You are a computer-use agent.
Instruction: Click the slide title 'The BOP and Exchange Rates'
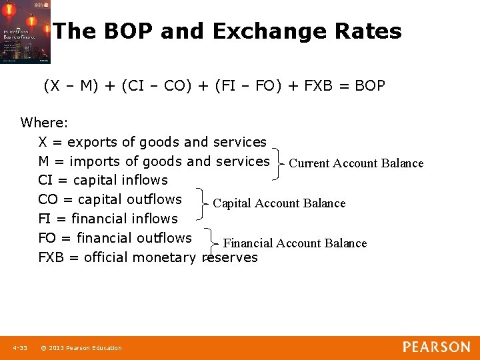point(227,31)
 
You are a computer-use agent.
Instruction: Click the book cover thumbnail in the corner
point(25,32)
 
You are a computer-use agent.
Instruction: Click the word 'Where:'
point(44,123)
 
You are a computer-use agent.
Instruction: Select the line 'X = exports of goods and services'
point(152,142)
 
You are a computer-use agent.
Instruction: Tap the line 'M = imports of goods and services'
point(153,161)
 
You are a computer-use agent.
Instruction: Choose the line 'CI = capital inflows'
point(103,180)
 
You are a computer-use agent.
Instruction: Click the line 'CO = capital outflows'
point(110,199)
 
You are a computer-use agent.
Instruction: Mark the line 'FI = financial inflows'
point(108,219)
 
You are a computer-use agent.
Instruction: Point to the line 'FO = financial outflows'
point(115,238)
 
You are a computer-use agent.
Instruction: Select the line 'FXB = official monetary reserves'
point(147,257)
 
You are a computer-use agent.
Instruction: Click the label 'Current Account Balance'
point(356,163)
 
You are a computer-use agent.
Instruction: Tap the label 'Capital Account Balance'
point(279,203)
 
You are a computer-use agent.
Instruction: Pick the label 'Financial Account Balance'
point(295,243)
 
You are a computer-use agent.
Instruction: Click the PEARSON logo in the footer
point(436,347)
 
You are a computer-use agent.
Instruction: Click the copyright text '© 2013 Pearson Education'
point(81,348)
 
